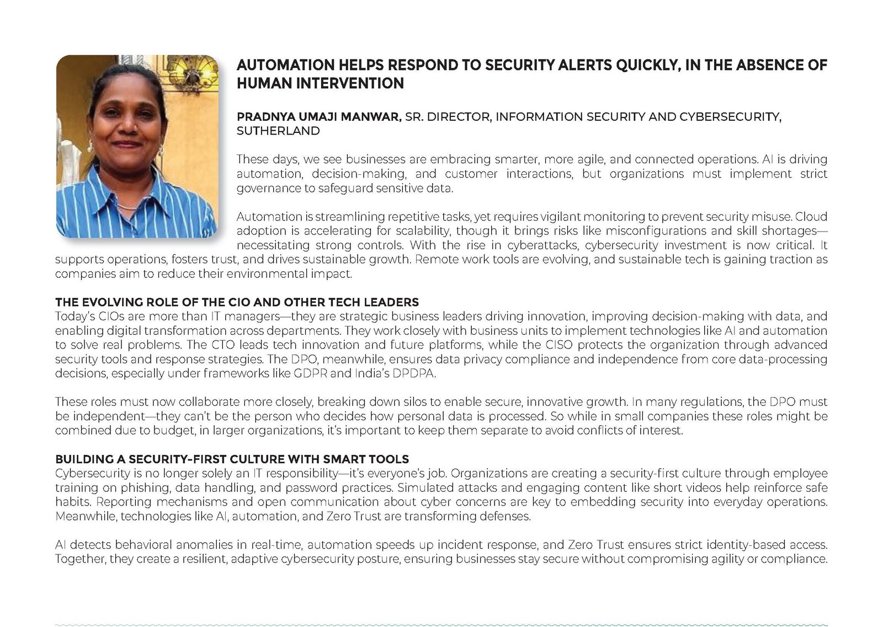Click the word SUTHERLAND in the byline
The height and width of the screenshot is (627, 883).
coord(278,131)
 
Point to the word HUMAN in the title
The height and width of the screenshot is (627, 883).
coord(264,83)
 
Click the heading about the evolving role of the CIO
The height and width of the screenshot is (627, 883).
coord(237,302)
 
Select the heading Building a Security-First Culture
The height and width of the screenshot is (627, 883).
coord(232,459)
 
